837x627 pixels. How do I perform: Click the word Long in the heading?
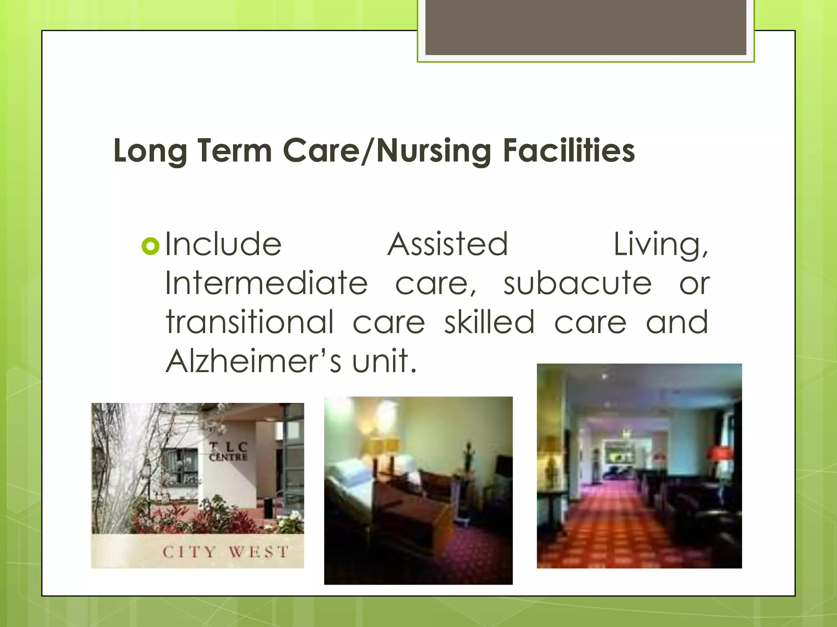pyautogui.click(x=150, y=151)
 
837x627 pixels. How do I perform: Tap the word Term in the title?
pyautogui.click(x=235, y=150)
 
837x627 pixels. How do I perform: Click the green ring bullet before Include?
pyautogui.click(x=150, y=246)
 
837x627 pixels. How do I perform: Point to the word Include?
pyautogui.click(x=223, y=244)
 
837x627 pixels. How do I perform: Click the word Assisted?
pyautogui.click(x=448, y=244)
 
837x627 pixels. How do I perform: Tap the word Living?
pyautogui.click(x=660, y=245)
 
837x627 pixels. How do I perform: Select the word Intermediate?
pyautogui.click(x=266, y=283)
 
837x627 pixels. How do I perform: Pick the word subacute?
pyautogui.click(x=577, y=283)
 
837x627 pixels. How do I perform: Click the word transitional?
pyautogui.click(x=250, y=322)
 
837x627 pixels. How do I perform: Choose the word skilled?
pyautogui.click(x=489, y=322)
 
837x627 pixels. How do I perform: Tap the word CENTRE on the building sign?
pyautogui.click(x=228, y=457)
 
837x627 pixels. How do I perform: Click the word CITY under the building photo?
pyautogui.click(x=189, y=552)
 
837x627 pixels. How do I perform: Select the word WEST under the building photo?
pyautogui.click(x=259, y=552)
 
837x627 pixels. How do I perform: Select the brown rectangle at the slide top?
pyautogui.click(x=586, y=27)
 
